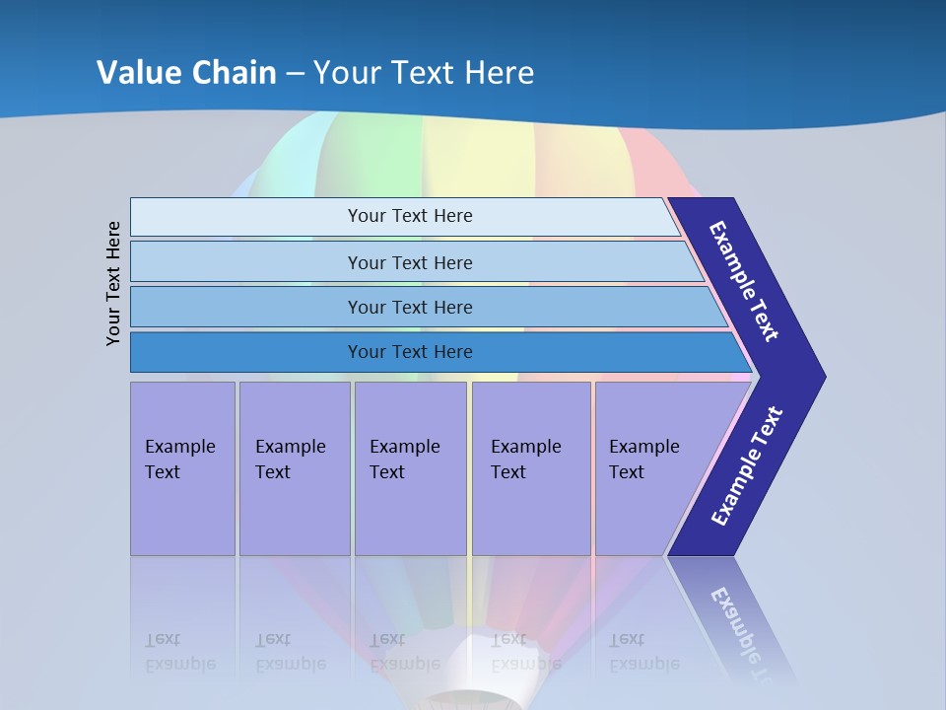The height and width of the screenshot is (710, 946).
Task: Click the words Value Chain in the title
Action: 186,72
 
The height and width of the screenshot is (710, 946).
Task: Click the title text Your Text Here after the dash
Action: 424,72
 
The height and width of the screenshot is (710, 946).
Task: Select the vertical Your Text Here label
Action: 113,283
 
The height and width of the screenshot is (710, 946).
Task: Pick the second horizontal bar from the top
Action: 409,262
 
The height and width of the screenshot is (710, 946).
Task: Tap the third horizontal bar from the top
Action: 409,307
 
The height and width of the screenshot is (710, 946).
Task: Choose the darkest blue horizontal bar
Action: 409,352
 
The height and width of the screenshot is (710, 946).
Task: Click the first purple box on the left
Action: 182,468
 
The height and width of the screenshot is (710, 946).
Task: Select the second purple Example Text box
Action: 294,468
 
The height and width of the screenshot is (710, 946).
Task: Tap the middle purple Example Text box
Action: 410,468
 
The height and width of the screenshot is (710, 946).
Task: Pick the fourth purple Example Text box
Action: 531,468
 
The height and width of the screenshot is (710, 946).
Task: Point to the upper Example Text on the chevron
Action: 745,281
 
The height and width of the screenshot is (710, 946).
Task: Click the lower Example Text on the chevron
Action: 747,465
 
